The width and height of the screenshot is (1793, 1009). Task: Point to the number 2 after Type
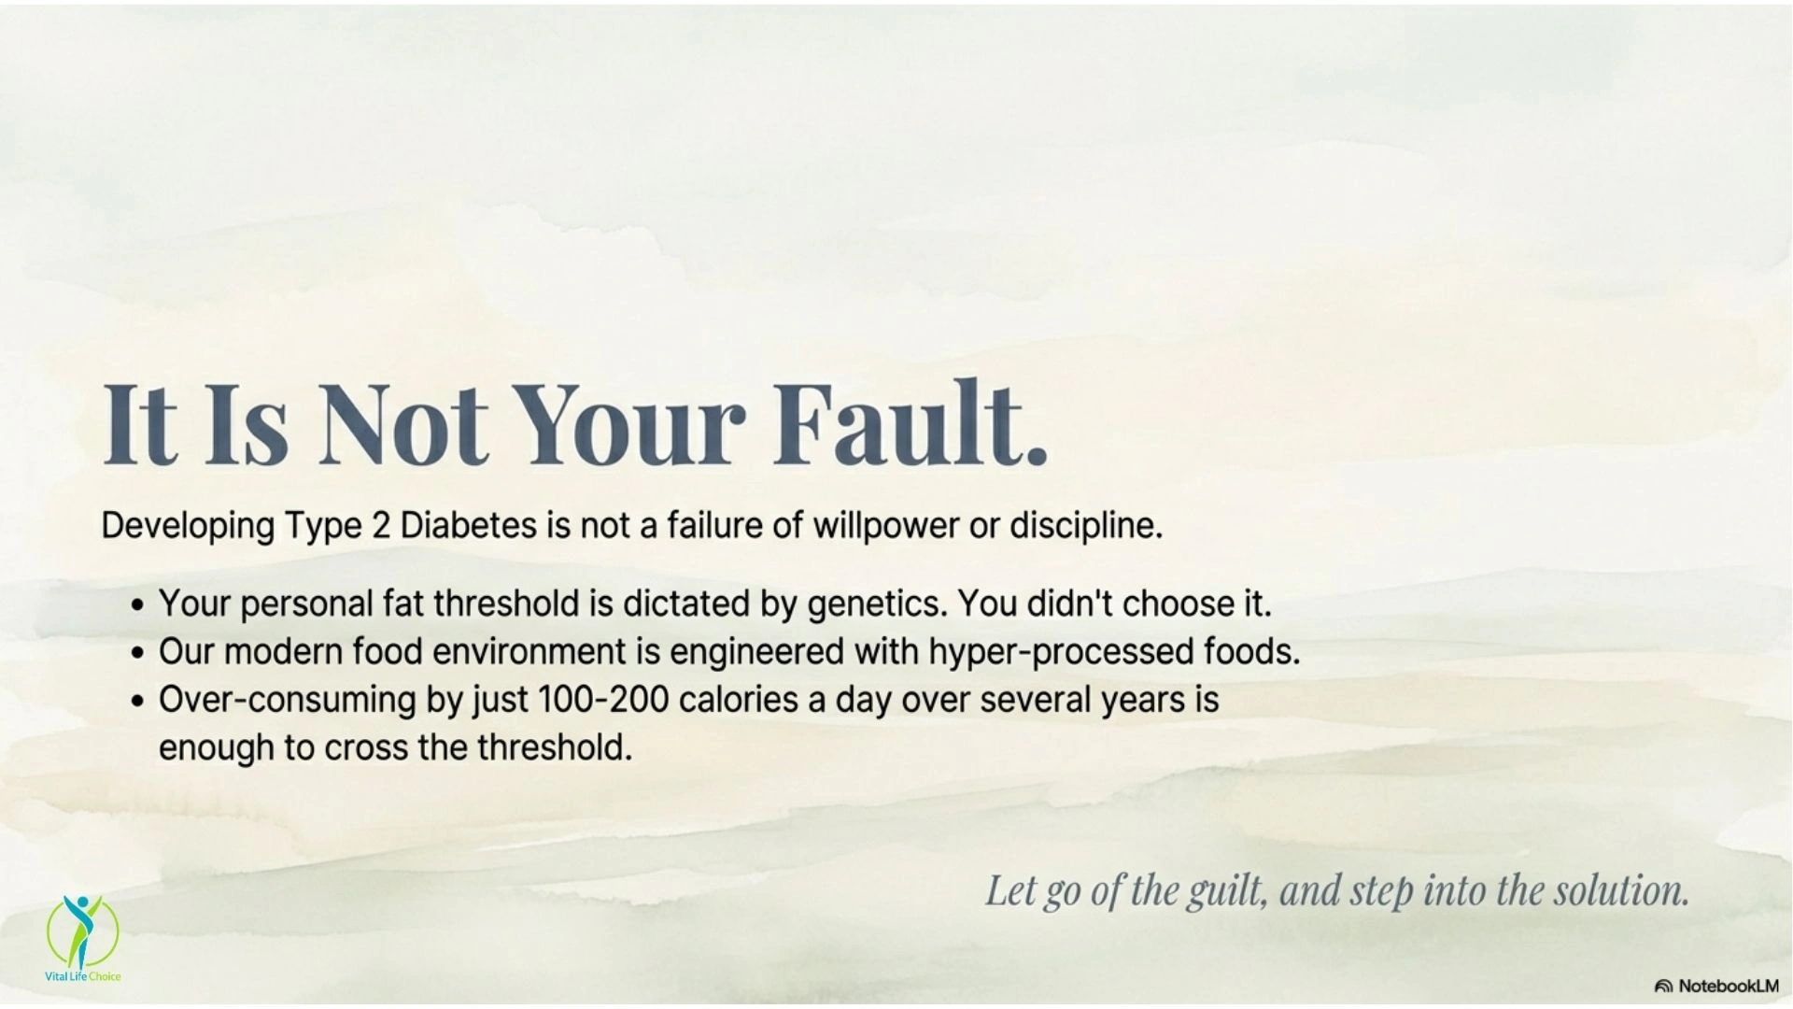point(380,525)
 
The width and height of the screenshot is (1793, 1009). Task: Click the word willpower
point(886,526)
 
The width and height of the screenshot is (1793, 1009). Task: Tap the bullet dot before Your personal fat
point(138,605)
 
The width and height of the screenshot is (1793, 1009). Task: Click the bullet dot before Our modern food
point(138,653)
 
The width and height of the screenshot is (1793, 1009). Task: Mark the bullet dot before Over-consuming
point(138,701)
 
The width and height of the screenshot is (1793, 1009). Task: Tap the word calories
point(739,700)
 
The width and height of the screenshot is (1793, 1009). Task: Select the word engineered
point(757,652)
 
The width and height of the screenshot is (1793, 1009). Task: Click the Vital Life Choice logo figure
point(82,931)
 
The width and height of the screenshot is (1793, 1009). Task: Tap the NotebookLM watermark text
point(1728,986)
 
